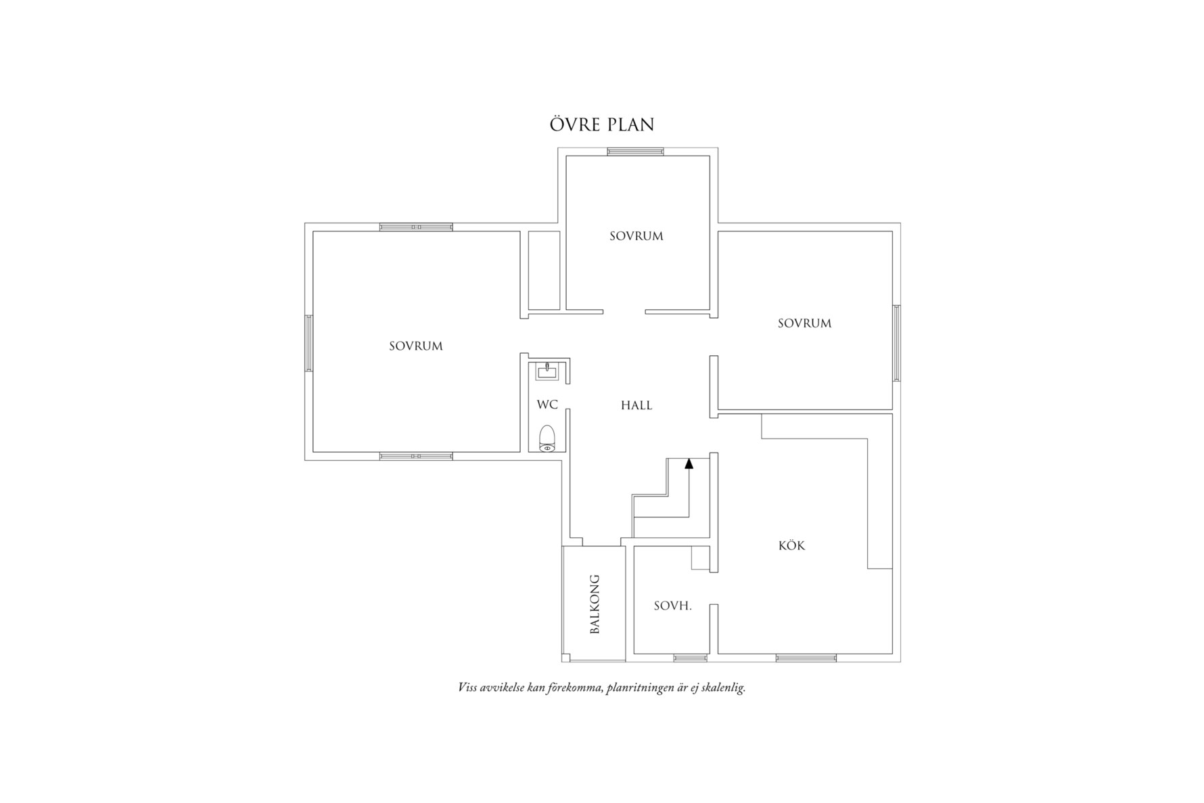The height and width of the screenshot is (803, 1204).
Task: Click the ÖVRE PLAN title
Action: [x=601, y=125]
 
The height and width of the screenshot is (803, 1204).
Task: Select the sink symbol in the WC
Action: [x=547, y=371]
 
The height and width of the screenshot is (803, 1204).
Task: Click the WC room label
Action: [x=547, y=405]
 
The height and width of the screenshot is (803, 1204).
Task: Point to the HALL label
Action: [x=636, y=405]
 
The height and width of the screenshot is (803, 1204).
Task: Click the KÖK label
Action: [x=791, y=545]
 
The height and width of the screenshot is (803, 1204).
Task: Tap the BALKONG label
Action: [x=595, y=604]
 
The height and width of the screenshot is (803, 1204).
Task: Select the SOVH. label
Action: [x=672, y=606]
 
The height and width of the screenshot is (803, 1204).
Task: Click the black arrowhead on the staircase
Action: [x=689, y=463]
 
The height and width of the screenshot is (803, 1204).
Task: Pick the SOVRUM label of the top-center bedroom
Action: [x=636, y=236]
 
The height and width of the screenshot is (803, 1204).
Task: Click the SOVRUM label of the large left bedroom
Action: [x=416, y=346]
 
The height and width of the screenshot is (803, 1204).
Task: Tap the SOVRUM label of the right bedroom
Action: [x=804, y=323]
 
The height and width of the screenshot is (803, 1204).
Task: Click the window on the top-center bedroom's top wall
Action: [x=635, y=152]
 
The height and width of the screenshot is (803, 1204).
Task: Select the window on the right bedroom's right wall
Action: [x=897, y=343]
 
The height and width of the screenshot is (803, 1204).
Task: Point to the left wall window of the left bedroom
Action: [x=308, y=343]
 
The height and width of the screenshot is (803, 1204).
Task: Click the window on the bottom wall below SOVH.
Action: [x=691, y=658]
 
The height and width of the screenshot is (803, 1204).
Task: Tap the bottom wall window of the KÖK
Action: [x=806, y=658]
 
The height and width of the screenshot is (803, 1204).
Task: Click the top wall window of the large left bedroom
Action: [x=416, y=227]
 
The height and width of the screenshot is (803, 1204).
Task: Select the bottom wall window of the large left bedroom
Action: [x=416, y=457]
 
